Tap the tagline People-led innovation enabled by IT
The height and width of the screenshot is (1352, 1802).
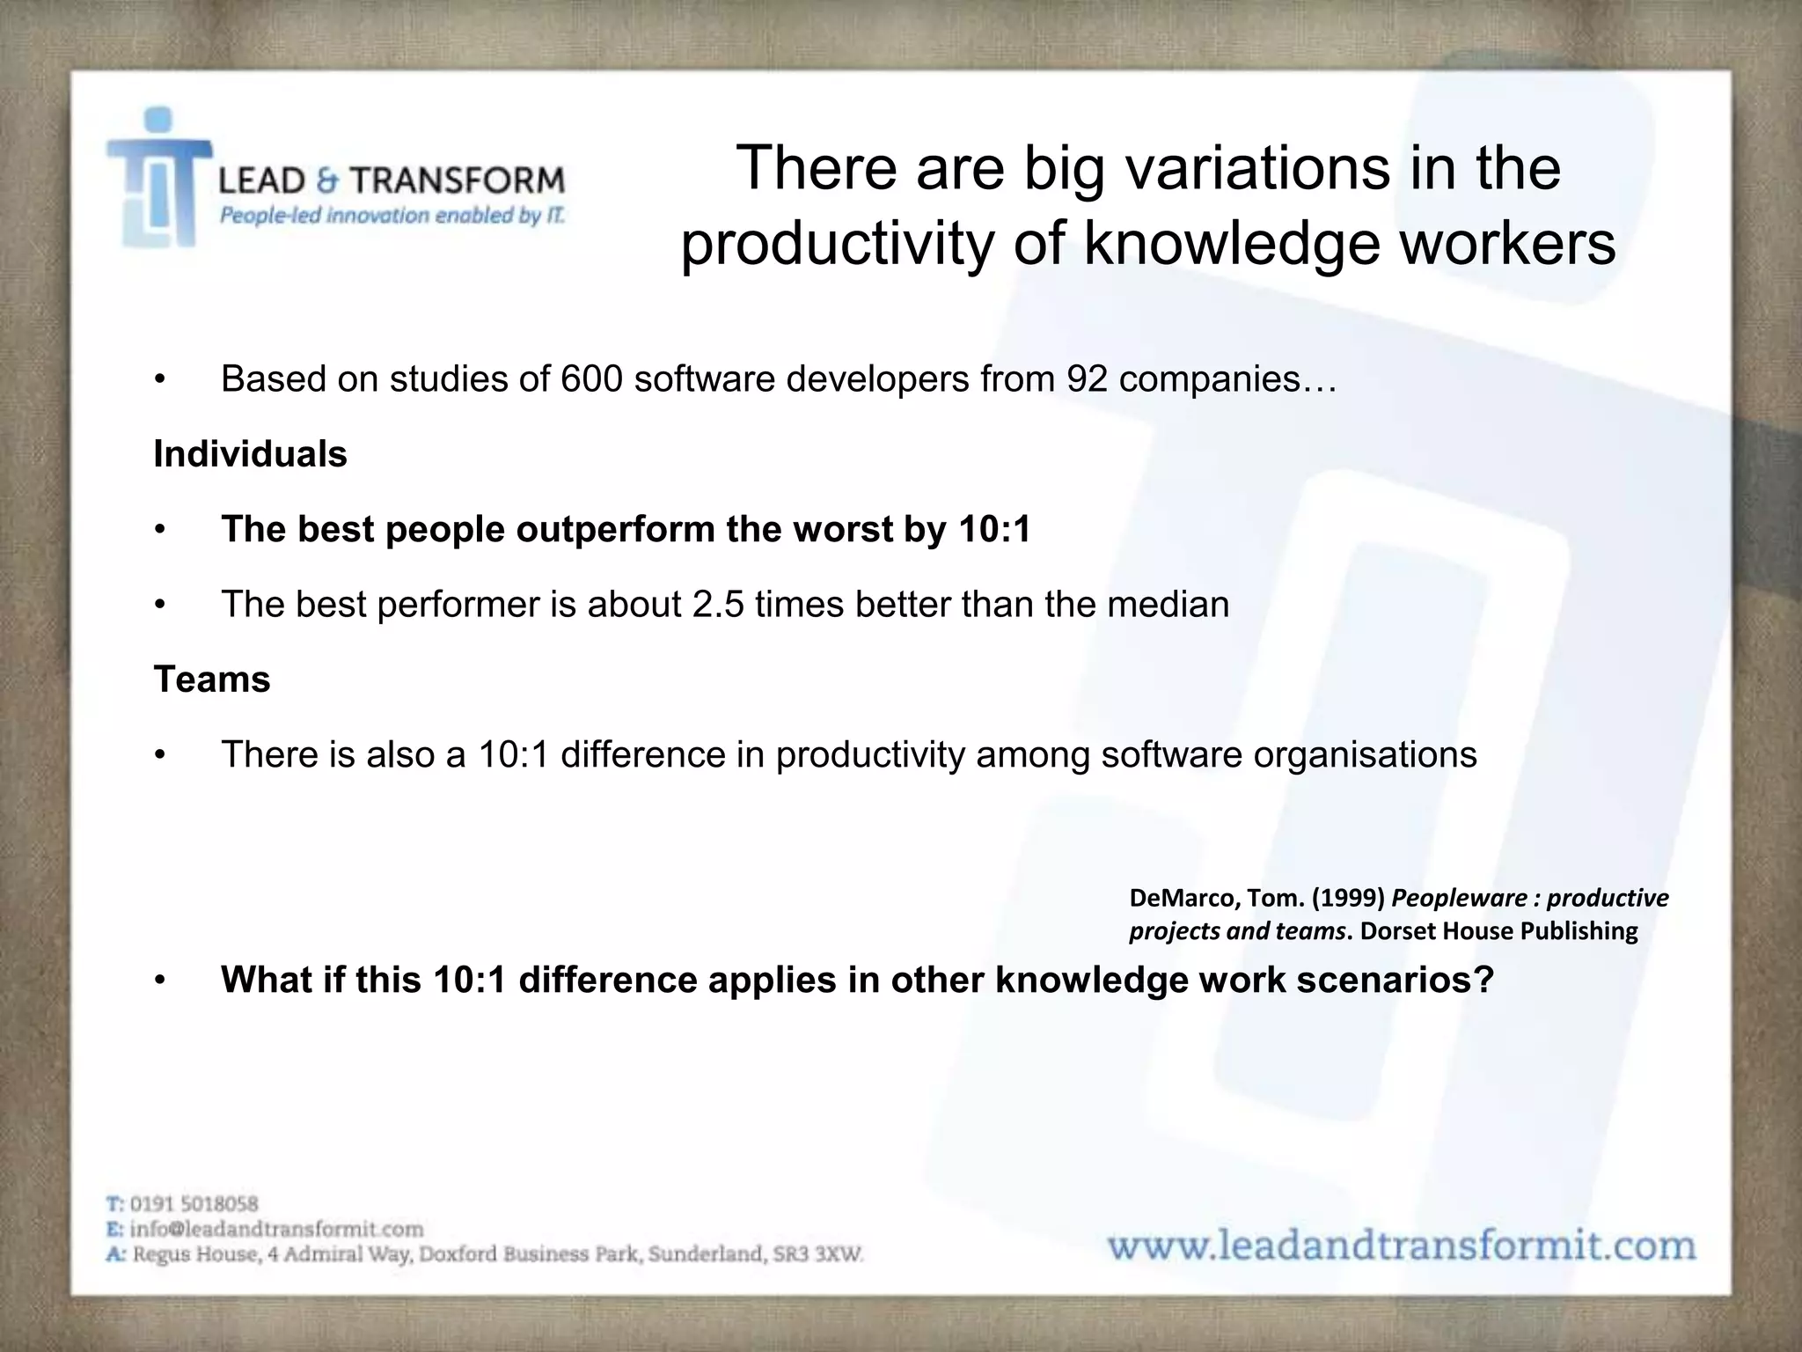pyautogui.click(x=392, y=216)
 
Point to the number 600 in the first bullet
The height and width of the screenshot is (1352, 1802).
pyautogui.click(x=593, y=379)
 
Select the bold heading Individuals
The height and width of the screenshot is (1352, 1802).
pyautogui.click(x=250, y=454)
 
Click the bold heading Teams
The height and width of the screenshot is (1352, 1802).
pyautogui.click(x=212, y=680)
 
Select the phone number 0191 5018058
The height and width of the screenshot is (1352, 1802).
pyautogui.click(x=194, y=1203)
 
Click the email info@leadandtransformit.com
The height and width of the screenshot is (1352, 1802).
pyautogui.click(x=276, y=1229)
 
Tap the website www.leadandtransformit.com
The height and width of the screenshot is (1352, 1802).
pyautogui.click(x=1401, y=1246)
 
